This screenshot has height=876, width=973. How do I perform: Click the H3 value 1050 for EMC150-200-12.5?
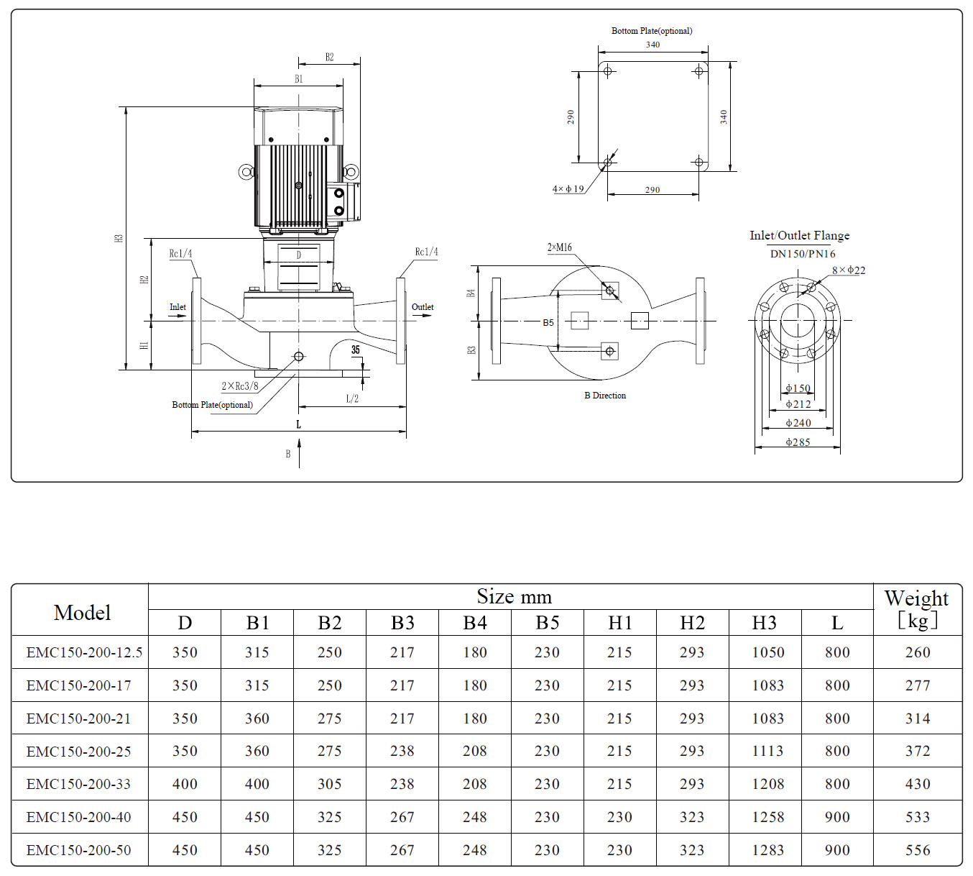[x=767, y=652]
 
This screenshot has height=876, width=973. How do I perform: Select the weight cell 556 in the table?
[x=918, y=850]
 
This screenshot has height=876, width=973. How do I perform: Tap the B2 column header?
[x=330, y=623]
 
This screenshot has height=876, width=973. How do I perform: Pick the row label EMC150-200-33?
[x=79, y=784]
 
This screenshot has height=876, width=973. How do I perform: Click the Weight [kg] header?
[x=917, y=608]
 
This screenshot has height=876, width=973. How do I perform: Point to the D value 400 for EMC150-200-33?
[x=185, y=784]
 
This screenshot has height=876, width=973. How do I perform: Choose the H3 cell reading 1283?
[x=767, y=850]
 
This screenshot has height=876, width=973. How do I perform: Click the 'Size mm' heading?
[x=514, y=597]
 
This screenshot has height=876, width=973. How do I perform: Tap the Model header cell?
[x=82, y=613]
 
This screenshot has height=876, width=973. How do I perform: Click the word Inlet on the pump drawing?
[x=177, y=307]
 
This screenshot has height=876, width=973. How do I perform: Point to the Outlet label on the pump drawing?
[x=423, y=307]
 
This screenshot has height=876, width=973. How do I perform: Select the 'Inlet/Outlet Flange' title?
[x=799, y=235]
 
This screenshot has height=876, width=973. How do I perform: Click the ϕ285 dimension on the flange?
[x=798, y=442]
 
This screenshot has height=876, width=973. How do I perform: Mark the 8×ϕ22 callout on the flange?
[x=849, y=270]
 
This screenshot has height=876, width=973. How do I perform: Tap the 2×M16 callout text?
[x=560, y=247]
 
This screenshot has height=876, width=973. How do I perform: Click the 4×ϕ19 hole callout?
[x=568, y=189]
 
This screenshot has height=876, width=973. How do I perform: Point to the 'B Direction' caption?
[x=605, y=396]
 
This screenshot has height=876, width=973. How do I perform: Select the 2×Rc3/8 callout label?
[x=240, y=386]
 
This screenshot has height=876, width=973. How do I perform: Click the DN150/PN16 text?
[x=803, y=254]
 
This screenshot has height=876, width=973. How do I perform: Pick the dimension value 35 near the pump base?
[x=356, y=350]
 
